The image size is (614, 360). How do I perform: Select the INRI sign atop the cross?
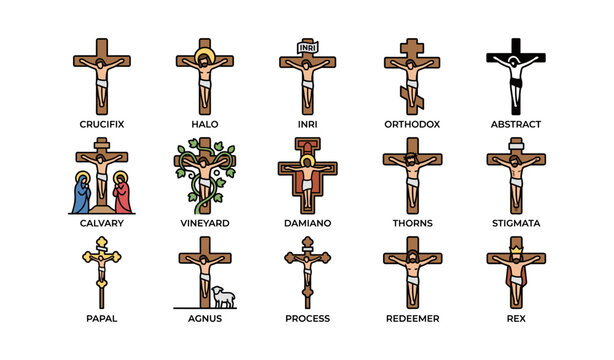307,45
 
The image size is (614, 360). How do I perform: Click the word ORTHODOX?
412,124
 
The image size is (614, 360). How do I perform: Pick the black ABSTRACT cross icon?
515,75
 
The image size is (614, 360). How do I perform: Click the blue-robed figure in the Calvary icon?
80,194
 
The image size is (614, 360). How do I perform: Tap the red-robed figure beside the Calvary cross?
122,194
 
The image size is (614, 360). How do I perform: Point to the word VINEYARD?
204,223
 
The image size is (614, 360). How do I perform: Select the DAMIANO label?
308,223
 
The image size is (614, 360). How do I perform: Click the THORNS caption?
412,223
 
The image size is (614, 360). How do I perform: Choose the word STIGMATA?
516,223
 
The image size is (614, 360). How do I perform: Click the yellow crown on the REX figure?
516,245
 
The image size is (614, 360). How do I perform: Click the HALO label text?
204,124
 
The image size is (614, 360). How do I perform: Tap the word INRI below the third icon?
308,124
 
